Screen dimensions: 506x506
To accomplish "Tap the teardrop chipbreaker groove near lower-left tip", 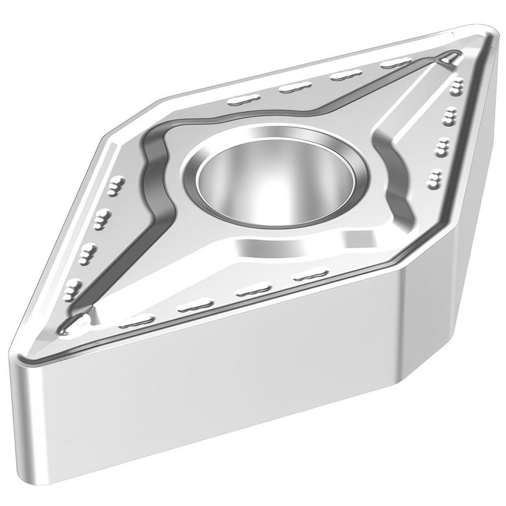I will point(76,321).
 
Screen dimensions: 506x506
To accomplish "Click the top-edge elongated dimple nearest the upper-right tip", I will point(395,64).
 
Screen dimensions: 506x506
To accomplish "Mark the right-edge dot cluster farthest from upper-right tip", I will point(434,178).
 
